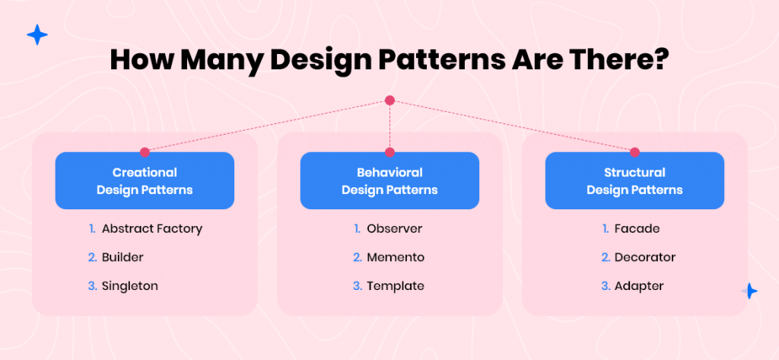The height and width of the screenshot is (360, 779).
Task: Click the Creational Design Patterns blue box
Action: [145, 180]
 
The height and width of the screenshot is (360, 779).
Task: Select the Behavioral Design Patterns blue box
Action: [389, 180]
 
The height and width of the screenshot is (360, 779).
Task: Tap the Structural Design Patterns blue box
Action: [634, 180]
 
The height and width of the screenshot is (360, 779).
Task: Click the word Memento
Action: [396, 257]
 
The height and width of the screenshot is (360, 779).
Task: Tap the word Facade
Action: [631, 229]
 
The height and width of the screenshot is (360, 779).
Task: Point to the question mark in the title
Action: [661, 59]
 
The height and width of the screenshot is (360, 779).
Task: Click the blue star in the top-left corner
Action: [37, 35]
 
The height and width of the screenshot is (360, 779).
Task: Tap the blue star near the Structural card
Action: [749, 291]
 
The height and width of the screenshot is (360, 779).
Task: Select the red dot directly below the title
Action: [389, 100]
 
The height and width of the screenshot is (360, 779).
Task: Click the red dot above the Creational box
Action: [145, 152]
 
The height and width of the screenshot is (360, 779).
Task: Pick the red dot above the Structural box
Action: [634, 152]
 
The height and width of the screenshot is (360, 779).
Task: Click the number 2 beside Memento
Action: [358, 257]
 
